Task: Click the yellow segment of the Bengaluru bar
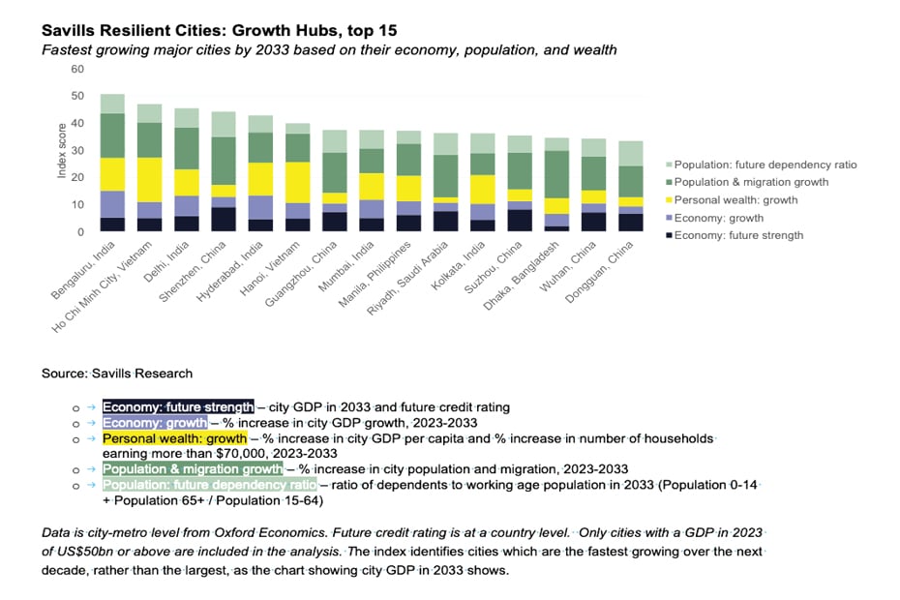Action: (112, 174)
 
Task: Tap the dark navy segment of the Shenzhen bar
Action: (224, 220)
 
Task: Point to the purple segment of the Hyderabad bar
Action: (259, 207)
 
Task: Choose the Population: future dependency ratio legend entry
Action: (765, 165)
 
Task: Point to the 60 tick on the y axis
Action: (77, 70)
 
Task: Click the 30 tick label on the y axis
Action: (77, 151)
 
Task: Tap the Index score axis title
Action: (62, 150)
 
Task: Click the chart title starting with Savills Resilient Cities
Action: (219, 30)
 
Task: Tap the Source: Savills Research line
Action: (117, 374)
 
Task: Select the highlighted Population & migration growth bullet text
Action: (193, 469)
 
